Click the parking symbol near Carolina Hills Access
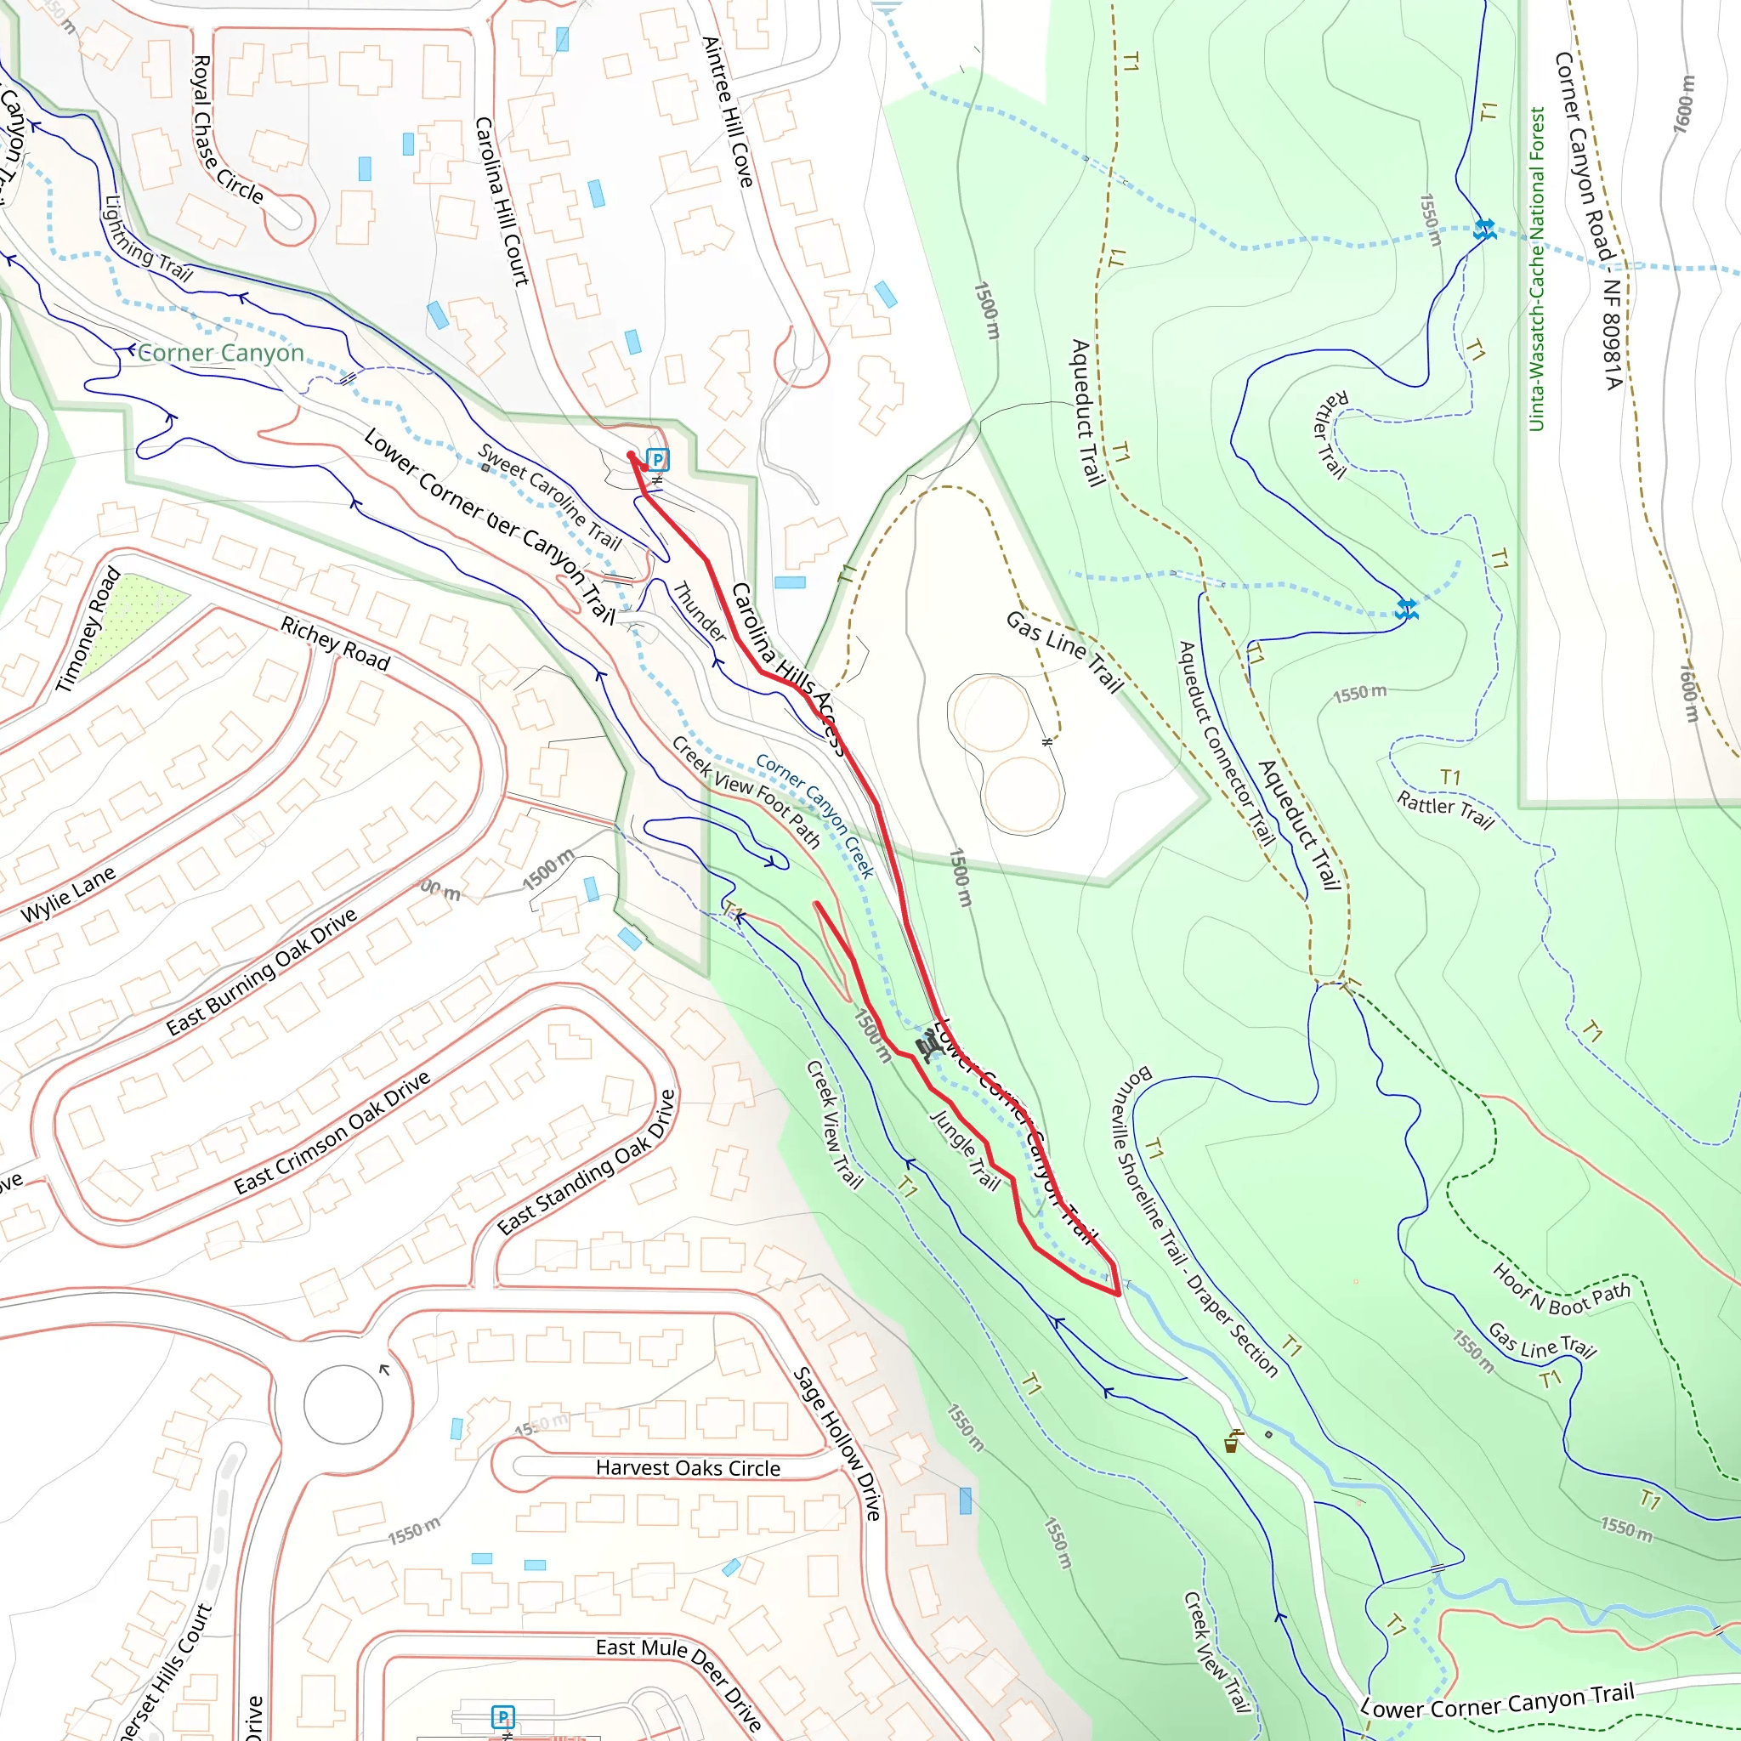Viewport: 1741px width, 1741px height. pos(658,460)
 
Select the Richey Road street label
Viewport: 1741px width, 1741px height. pos(335,644)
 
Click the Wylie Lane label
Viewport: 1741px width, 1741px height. pos(69,893)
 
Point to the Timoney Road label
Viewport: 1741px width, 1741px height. pos(88,629)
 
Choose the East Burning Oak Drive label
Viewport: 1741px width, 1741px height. pos(261,972)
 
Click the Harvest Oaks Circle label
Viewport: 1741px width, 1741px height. pos(688,1468)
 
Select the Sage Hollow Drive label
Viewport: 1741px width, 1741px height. pos(836,1443)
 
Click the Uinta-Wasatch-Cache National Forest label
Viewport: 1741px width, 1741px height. pos(1536,269)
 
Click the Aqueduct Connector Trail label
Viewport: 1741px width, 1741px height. pos(1227,744)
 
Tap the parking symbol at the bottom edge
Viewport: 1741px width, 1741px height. pos(503,1715)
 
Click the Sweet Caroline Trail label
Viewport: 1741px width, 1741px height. pos(550,496)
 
